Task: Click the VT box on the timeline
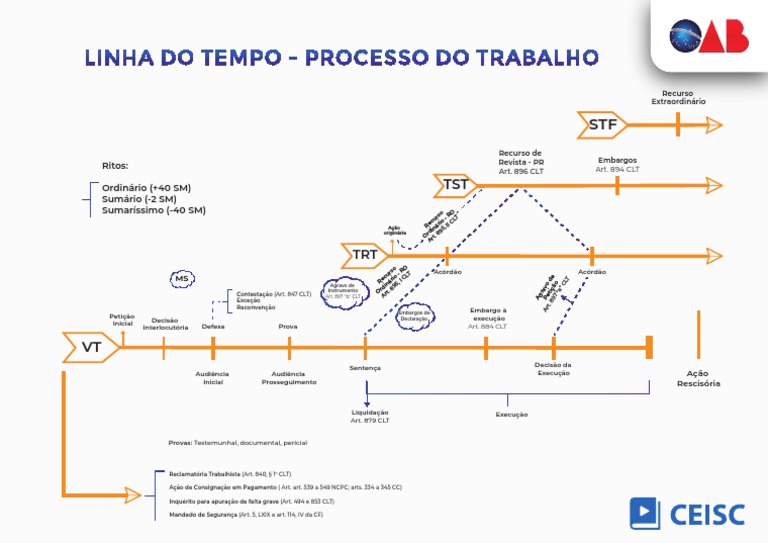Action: [x=91, y=348]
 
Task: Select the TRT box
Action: [x=365, y=255]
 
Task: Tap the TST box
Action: [x=456, y=184]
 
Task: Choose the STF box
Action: [x=602, y=125]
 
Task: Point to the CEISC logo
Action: [x=687, y=513]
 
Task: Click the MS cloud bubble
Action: [x=181, y=278]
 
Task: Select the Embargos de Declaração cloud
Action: [x=414, y=315]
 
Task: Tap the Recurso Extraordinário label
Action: [x=678, y=97]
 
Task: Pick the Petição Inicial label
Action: [x=122, y=320]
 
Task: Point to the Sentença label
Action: [x=365, y=368]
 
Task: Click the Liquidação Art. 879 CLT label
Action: [x=370, y=417]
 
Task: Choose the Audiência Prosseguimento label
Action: [x=288, y=378]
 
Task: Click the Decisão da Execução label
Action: [x=553, y=369]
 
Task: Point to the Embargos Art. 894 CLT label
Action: [x=617, y=164]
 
